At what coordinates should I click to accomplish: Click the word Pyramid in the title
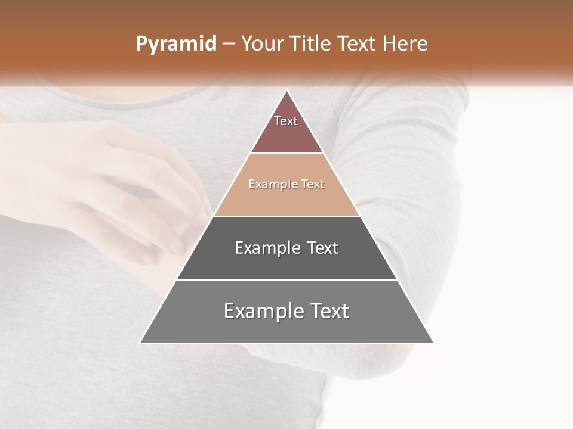click(x=175, y=44)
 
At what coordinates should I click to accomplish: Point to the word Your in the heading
click(x=262, y=44)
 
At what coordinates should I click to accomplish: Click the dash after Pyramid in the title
click(x=228, y=44)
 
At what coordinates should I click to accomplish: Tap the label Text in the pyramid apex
click(x=286, y=121)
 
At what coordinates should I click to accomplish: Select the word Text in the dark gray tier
click(x=319, y=248)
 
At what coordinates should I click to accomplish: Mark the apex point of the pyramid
click(x=287, y=91)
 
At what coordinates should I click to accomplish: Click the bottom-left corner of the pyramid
click(x=141, y=343)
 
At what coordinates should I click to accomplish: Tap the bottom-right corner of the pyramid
click(x=433, y=343)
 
